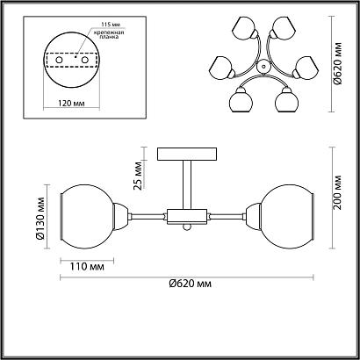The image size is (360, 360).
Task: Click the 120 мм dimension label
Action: click(x=71, y=104)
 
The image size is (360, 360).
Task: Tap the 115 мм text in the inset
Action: click(x=110, y=24)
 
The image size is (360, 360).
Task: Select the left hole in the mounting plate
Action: click(x=59, y=60)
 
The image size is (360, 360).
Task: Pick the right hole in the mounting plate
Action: click(x=85, y=60)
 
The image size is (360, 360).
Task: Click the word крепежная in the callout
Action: click(x=110, y=32)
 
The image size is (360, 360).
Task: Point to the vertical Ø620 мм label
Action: click(x=337, y=63)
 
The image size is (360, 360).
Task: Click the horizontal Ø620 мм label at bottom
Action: click(x=190, y=284)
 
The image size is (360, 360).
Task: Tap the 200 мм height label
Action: click(x=337, y=192)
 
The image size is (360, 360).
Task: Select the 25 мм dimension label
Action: click(x=138, y=176)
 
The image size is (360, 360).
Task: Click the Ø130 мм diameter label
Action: click(x=40, y=218)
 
